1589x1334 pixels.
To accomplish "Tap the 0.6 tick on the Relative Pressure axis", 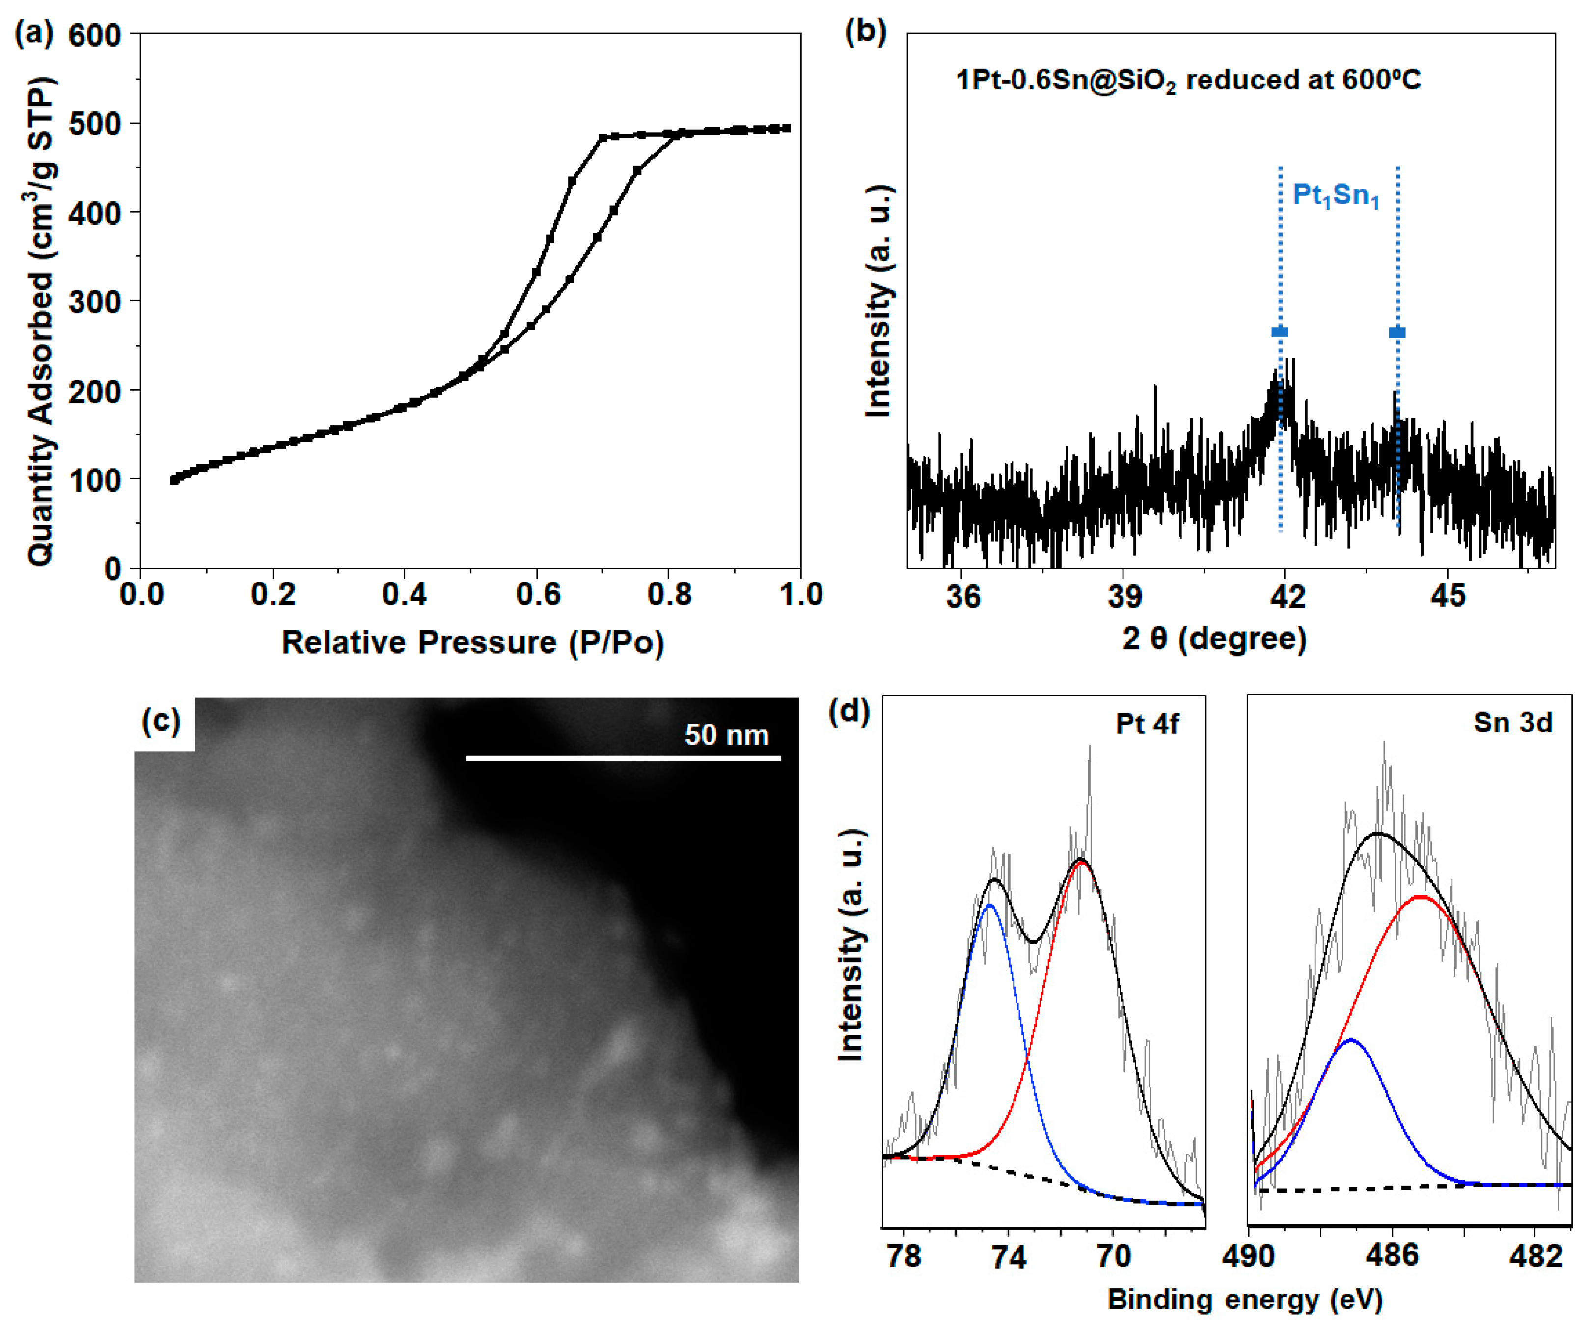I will tap(537, 595).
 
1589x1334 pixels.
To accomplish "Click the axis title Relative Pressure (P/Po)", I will tap(473, 642).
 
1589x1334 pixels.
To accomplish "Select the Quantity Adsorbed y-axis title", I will tap(42, 322).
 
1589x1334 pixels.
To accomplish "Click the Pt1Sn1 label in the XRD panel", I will tap(1336, 195).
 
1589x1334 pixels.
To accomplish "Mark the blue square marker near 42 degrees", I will tap(1280, 332).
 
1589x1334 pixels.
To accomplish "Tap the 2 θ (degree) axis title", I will tap(1214, 639).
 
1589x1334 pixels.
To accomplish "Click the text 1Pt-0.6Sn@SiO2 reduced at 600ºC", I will tap(1188, 80).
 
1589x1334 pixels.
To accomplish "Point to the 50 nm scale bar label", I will tap(726, 735).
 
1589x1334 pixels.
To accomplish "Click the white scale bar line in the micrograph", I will tap(623, 757).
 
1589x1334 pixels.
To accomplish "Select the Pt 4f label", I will tap(1147, 724).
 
